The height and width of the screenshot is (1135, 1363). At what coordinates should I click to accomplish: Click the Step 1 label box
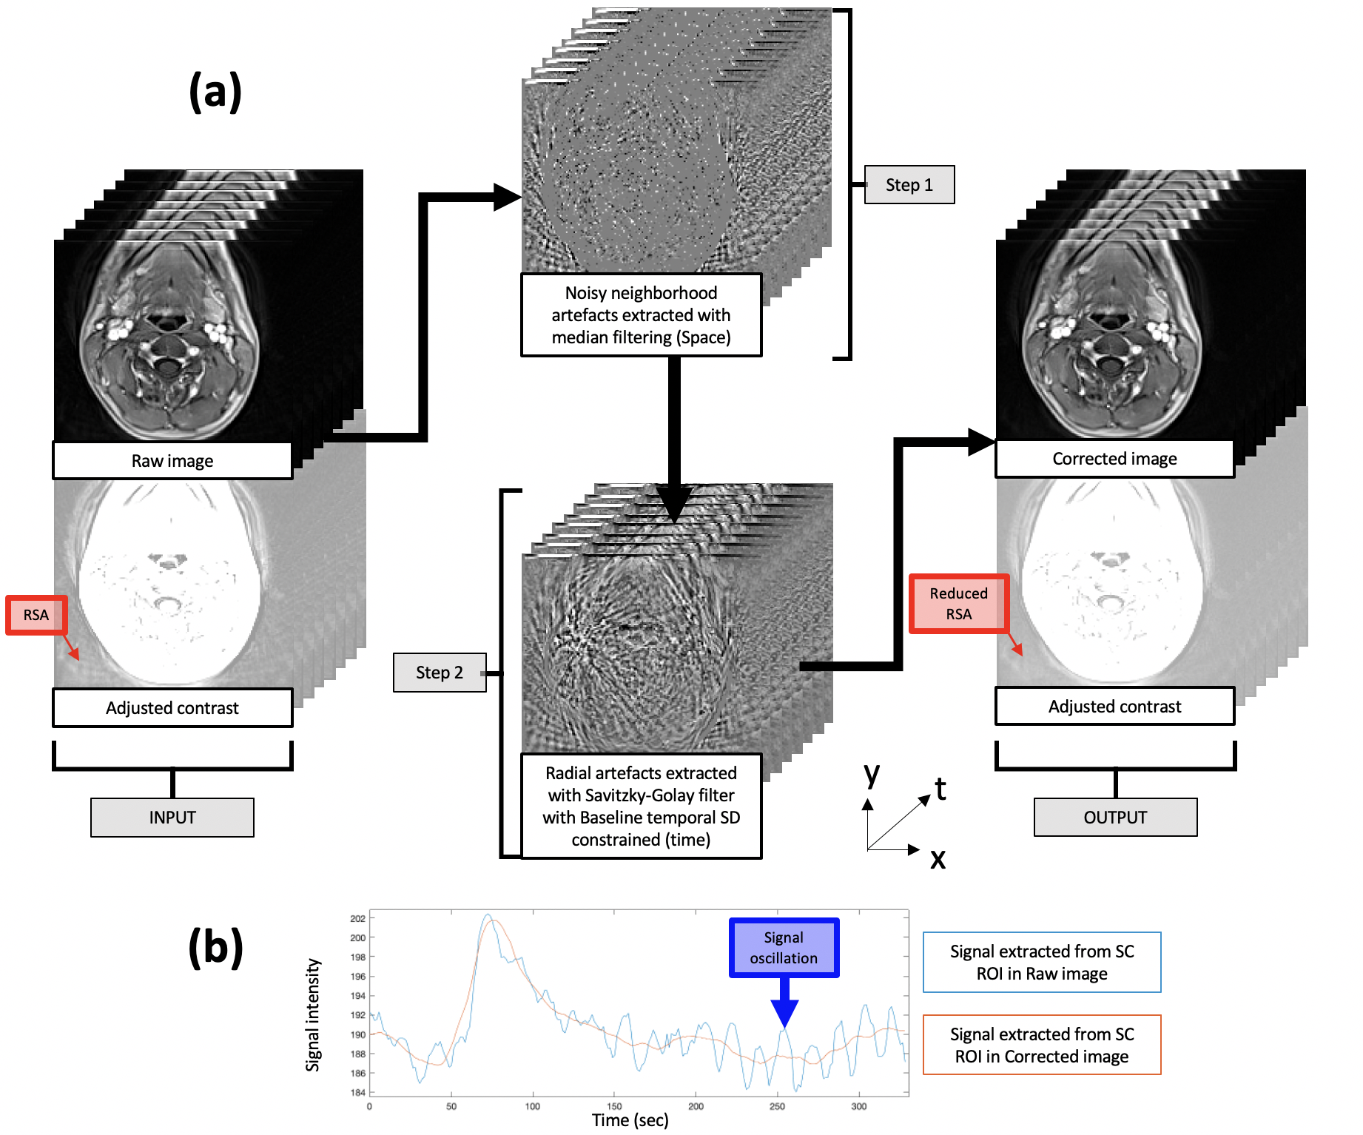pos(909,185)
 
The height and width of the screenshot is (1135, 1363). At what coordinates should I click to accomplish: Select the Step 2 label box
pos(439,673)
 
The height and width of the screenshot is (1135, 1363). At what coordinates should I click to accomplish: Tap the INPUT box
pos(172,818)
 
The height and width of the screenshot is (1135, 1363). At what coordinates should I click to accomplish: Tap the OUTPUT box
pos(1114,818)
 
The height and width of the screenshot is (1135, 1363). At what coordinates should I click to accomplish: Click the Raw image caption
pos(172,461)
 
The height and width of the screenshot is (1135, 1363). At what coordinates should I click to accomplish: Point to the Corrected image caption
pos(1114,459)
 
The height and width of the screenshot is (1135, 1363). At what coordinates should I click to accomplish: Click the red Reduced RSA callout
pos(958,604)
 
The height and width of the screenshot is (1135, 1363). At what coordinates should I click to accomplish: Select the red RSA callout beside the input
pos(36,615)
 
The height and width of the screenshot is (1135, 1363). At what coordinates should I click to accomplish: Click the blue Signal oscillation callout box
pos(784,948)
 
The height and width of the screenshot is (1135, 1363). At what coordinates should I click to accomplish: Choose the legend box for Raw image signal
pos(1041,963)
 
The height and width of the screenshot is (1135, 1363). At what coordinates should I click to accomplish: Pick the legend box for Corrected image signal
pos(1041,1045)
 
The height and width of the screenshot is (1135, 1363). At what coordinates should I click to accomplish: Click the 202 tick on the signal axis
pos(358,919)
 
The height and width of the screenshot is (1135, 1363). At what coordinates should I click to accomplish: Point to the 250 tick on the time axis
pos(777,1106)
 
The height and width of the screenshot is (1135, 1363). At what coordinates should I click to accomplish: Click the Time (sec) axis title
pos(630,1120)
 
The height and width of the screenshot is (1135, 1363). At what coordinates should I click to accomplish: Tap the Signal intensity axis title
pos(313,1014)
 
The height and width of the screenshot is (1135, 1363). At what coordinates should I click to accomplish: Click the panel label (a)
pos(215,92)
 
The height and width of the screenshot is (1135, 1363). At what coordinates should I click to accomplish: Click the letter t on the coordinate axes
pos(940,789)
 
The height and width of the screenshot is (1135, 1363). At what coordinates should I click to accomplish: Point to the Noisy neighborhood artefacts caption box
pos(641,315)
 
